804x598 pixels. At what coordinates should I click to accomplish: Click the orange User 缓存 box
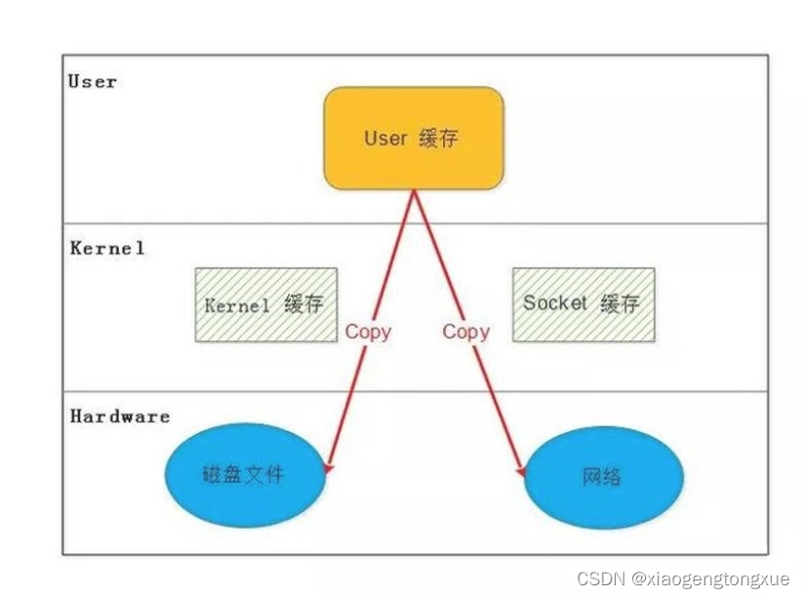point(414,138)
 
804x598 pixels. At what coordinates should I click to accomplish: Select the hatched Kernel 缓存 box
point(265,304)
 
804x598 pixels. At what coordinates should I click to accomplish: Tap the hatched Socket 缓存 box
point(583,304)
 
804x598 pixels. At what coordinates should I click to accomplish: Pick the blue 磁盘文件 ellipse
point(244,474)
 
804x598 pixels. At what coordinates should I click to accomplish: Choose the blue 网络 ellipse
point(604,477)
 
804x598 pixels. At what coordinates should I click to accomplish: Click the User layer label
point(93,82)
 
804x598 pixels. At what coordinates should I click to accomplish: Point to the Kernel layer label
point(107,249)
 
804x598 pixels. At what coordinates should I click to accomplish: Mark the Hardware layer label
point(120,417)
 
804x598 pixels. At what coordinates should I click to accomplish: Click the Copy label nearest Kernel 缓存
point(368,332)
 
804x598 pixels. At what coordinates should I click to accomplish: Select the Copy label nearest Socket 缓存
point(465,332)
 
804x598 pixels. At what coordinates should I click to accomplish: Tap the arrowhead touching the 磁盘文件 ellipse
point(327,469)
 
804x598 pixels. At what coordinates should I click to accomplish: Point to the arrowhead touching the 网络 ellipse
point(522,472)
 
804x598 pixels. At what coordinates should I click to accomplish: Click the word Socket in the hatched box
point(555,303)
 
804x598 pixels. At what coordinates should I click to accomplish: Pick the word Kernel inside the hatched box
point(237,305)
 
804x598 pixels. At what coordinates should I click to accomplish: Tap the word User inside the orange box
point(385,139)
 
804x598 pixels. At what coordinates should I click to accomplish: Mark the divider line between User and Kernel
point(195,223)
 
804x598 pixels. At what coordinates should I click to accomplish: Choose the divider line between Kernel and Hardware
point(195,392)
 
